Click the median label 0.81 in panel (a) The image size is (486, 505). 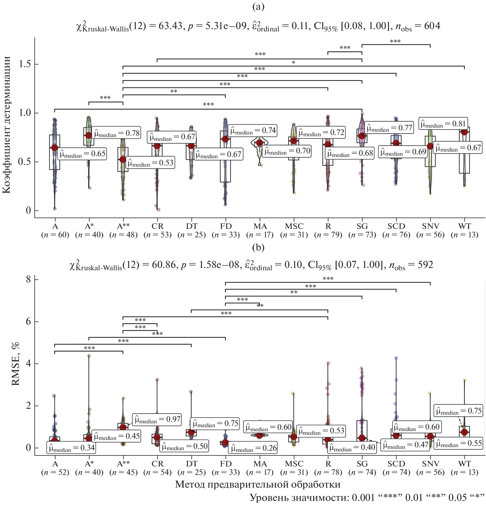(443, 124)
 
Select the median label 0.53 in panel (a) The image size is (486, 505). (151, 163)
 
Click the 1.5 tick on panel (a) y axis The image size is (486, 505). (25, 64)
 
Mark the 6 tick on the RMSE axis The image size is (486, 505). (29, 322)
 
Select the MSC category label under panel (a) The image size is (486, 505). (294, 226)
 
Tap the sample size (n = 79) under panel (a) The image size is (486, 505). (328, 235)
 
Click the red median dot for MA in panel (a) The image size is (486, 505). (259, 143)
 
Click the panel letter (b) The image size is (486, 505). (258, 247)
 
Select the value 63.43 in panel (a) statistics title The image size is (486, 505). (170, 26)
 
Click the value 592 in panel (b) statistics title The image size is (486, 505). (425, 265)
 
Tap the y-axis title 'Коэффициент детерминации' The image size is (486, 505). (7, 125)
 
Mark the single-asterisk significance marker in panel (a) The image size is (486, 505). (293, 63)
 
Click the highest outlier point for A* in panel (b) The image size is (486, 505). (89, 355)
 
